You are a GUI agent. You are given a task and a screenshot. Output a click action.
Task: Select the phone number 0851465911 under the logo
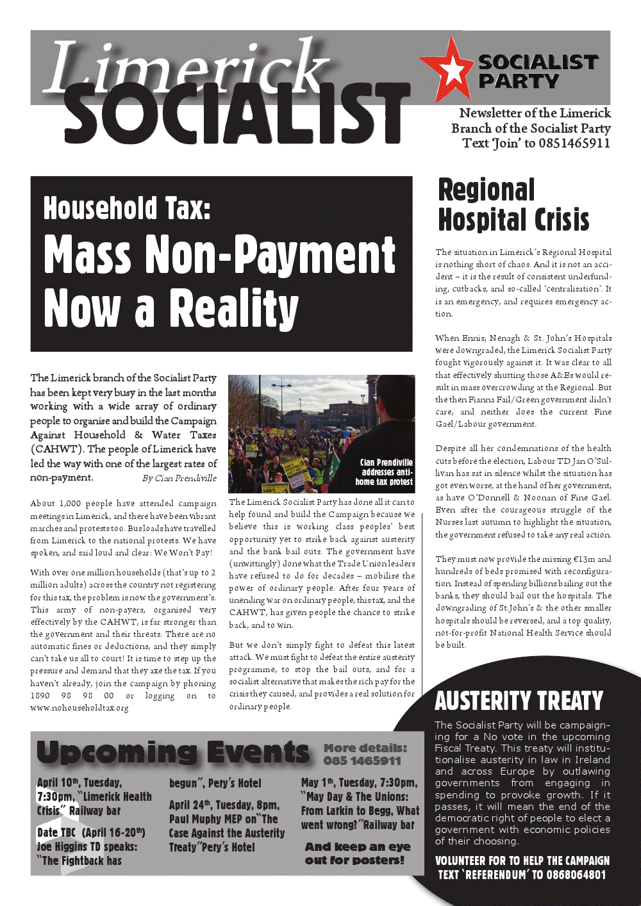[x=574, y=143]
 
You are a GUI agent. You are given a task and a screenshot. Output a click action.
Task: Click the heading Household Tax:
[x=127, y=208]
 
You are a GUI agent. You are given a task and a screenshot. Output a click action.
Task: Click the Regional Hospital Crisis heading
[x=513, y=204]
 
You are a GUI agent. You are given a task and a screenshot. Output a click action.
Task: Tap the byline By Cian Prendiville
[x=179, y=478]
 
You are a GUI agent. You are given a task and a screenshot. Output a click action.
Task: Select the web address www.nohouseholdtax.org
[x=79, y=708]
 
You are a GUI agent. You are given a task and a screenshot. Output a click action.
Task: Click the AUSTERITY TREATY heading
[x=519, y=701]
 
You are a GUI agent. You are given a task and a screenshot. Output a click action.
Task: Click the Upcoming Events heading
[x=173, y=752]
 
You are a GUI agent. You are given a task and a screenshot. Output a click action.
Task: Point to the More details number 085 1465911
[x=362, y=761]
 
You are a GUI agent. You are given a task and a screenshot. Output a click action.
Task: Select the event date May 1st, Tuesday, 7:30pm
[x=359, y=782]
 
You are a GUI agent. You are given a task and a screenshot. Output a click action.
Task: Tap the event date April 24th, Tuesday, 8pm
[x=224, y=805]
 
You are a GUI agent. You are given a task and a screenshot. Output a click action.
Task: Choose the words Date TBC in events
[x=56, y=832]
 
